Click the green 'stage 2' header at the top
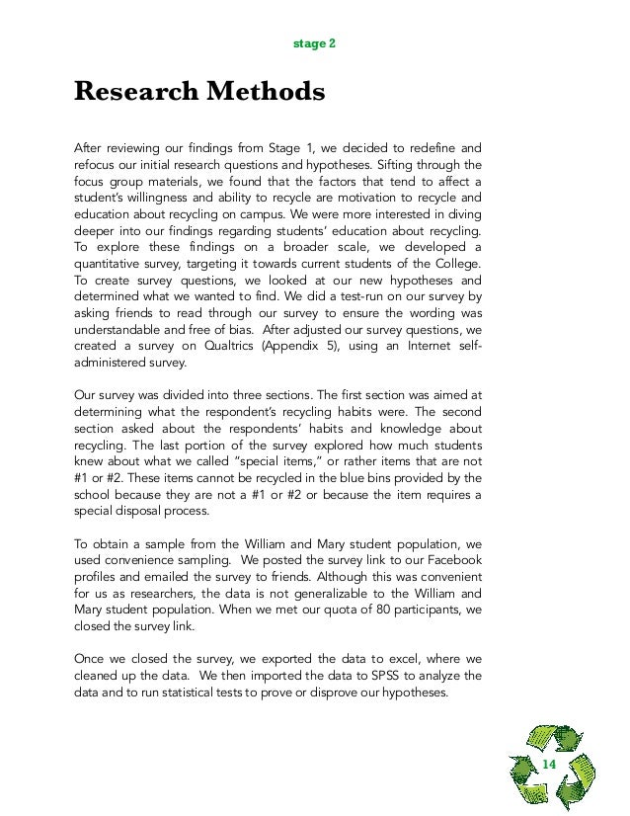(315, 45)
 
